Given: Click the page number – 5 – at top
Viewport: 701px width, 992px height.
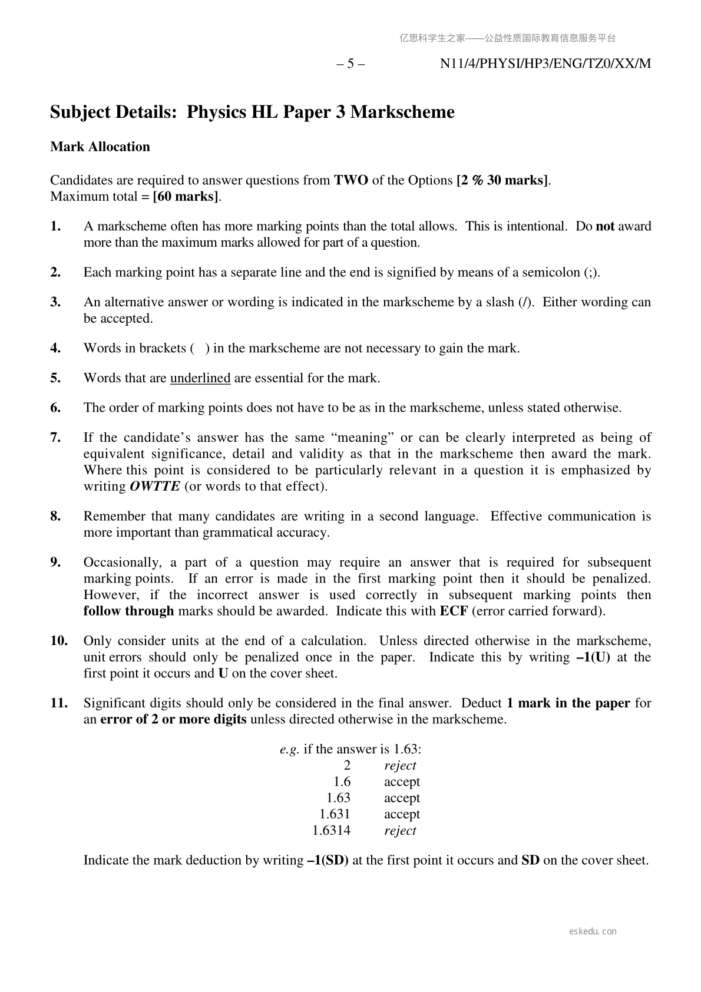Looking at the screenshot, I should point(350,64).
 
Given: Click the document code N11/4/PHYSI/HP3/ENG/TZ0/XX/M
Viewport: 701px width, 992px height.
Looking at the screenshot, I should point(545,64).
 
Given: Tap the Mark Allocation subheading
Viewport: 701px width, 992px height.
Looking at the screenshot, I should point(100,147).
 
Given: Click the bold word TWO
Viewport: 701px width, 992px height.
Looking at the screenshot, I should point(351,180).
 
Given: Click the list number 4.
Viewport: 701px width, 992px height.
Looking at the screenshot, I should point(56,348).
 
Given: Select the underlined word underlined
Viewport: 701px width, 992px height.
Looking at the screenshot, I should point(200,378).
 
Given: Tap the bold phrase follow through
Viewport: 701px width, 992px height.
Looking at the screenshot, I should point(128,611).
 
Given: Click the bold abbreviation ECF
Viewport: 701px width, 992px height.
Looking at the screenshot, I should point(454,611).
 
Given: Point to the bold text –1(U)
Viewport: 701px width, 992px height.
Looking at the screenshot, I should point(593,657).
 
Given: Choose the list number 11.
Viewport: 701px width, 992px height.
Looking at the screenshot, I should point(59,703).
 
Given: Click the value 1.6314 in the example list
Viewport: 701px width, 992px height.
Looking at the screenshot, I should point(331,831).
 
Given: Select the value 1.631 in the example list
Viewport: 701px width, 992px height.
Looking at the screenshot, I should point(335,814).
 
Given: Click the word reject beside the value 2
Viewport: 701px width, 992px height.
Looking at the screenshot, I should point(400,766).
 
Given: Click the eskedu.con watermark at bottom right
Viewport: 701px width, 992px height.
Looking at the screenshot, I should point(593,931).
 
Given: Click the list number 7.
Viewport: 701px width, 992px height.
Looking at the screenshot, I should point(56,438).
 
